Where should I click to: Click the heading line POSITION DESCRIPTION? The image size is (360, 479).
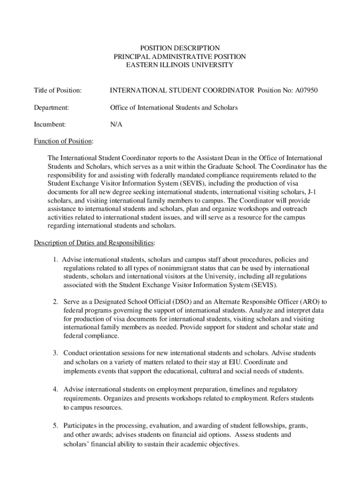click(180, 48)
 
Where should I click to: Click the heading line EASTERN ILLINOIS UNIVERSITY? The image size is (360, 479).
click(180, 65)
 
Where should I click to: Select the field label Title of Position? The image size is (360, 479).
click(58, 90)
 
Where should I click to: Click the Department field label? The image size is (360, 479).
click(51, 108)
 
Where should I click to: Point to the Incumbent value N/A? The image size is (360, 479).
click(116, 125)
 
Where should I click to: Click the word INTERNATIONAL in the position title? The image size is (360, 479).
click(138, 90)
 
